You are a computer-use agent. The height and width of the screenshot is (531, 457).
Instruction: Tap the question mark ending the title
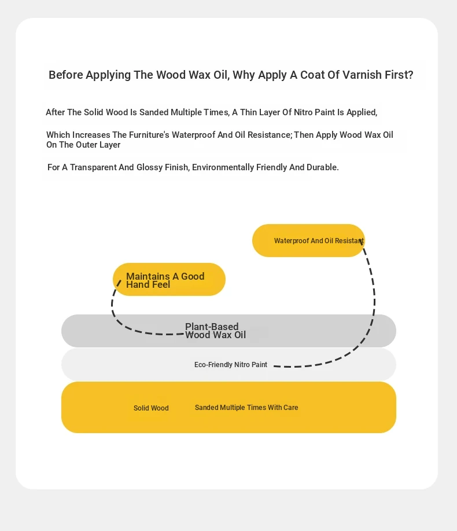411,75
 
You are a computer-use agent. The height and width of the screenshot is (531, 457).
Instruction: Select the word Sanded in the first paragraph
153,112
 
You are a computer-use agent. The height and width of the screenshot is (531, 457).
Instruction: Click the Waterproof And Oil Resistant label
319,241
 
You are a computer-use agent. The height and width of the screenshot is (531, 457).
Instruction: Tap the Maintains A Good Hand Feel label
165,280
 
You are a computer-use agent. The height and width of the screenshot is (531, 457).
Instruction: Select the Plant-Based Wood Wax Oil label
215,331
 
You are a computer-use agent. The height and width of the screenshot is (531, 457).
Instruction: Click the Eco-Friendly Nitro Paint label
231,365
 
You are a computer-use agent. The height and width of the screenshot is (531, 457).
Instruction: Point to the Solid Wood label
151,408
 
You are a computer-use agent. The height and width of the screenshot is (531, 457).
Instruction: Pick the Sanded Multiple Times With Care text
246,408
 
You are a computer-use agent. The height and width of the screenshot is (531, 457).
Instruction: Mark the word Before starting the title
66,75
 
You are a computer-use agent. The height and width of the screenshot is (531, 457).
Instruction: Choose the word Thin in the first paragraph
248,112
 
